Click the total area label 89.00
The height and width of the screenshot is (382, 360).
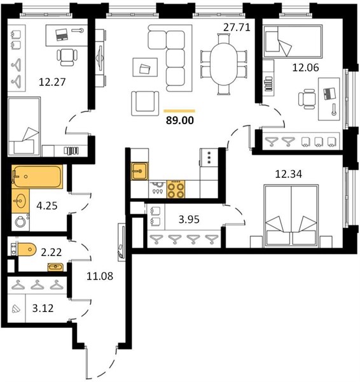click(180, 120)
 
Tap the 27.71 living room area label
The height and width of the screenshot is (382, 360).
click(237, 27)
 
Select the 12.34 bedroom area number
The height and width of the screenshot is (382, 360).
click(288, 174)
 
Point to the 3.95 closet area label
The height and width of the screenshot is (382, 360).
click(189, 220)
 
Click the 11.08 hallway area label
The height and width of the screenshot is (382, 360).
click(100, 276)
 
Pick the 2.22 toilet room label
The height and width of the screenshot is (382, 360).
click(51, 252)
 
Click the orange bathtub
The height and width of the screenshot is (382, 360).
click(37, 176)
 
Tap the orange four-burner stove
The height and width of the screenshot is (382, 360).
click(176, 189)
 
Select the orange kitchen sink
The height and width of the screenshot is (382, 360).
click(139, 171)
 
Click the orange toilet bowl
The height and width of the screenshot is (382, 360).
click(27, 249)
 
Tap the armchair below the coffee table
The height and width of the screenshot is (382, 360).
click(145, 103)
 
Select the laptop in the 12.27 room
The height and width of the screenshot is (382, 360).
click(62, 34)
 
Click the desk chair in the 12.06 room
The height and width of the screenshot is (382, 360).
click(307, 99)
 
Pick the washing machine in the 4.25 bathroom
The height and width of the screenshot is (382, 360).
click(20, 222)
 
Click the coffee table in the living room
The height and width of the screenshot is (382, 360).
click(145, 67)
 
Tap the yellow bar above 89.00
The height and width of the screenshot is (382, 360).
click(179, 111)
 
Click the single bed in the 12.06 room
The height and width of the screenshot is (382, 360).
click(293, 41)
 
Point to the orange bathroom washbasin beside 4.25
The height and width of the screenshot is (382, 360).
click(20, 201)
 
